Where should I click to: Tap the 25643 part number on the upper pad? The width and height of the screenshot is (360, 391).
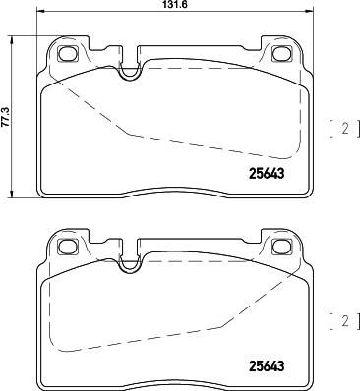(267, 174)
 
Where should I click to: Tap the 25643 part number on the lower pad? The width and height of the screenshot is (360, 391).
(267, 366)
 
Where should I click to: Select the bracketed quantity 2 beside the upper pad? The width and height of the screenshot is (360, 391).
(344, 129)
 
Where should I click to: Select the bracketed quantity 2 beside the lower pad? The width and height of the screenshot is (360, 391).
(344, 322)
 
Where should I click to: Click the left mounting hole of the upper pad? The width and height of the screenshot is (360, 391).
(68, 53)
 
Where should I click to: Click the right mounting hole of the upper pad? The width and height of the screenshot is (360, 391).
(282, 53)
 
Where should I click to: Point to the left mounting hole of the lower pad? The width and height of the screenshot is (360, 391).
(68, 247)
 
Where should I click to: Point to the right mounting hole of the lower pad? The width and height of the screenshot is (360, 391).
(282, 247)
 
